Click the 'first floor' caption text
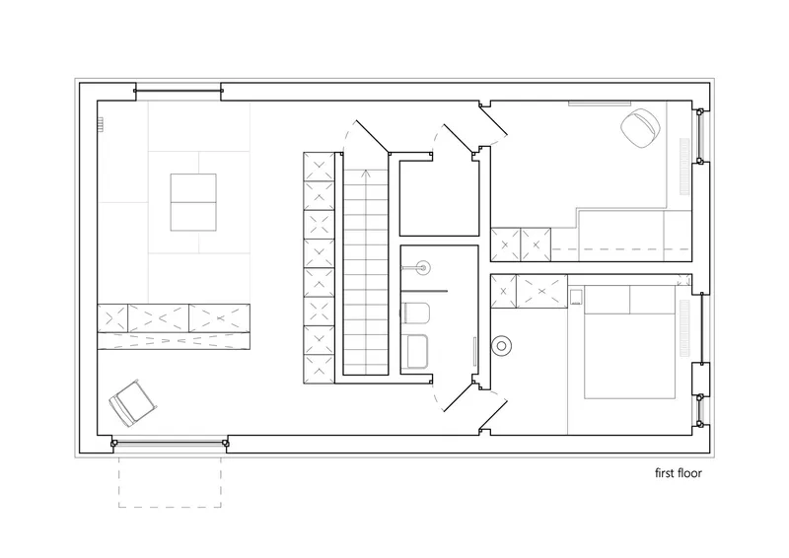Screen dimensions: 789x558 pyautogui.click(x=678, y=473)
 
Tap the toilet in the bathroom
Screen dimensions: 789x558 pyautogui.click(x=415, y=313)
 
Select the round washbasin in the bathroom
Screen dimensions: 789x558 pyautogui.click(x=422, y=268)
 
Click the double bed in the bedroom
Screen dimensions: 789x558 pyautogui.click(x=629, y=342)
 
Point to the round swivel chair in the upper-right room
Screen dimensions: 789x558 pyautogui.click(x=640, y=128)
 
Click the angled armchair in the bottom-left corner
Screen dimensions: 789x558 pyautogui.click(x=132, y=403)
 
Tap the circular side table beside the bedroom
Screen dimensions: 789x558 pyautogui.click(x=502, y=346)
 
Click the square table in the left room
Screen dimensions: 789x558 pyautogui.click(x=193, y=202)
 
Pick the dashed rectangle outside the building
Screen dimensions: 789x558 pyautogui.click(x=170, y=481)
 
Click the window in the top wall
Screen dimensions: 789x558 pyautogui.click(x=179, y=91)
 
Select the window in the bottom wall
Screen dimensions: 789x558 pyautogui.click(x=170, y=444)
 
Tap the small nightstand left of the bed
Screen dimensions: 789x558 pyautogui.click(x=576, y=297)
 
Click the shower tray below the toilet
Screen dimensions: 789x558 pyautogui.click(x=416, y=352)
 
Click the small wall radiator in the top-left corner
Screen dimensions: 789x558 pyautogui.click(x=101, y=124)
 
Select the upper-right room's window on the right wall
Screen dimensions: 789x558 pyautogui.click(x=699, y=136)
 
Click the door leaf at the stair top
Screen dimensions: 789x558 pyautogui.click(x=373, y=136)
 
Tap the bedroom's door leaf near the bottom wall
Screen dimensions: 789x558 pyautogui.click(x=492, y=411)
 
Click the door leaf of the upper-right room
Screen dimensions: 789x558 pyautogui.click(x=492, y=121)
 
